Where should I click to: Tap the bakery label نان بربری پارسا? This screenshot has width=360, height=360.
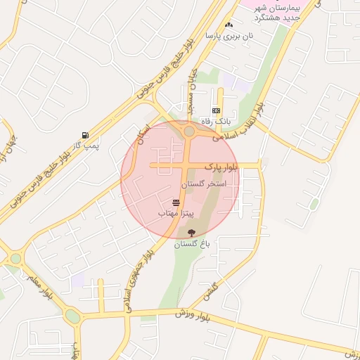(x=228, y=34)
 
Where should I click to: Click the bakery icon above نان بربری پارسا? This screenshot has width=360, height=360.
(x=229, y=25)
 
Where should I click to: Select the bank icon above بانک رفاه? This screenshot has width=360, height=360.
(x=216, y=111)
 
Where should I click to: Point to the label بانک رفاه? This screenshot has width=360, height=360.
(x=216, y=122)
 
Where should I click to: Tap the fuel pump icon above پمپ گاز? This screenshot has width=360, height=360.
(x=85, y=135)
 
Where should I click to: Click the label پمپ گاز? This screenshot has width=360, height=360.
(x=87, y=146)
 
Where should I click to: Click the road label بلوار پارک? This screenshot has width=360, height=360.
(x=221, y=167)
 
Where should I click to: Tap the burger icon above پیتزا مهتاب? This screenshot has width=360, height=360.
(x=176, y=202)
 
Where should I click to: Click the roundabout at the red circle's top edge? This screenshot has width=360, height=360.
(x=189, y=131)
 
